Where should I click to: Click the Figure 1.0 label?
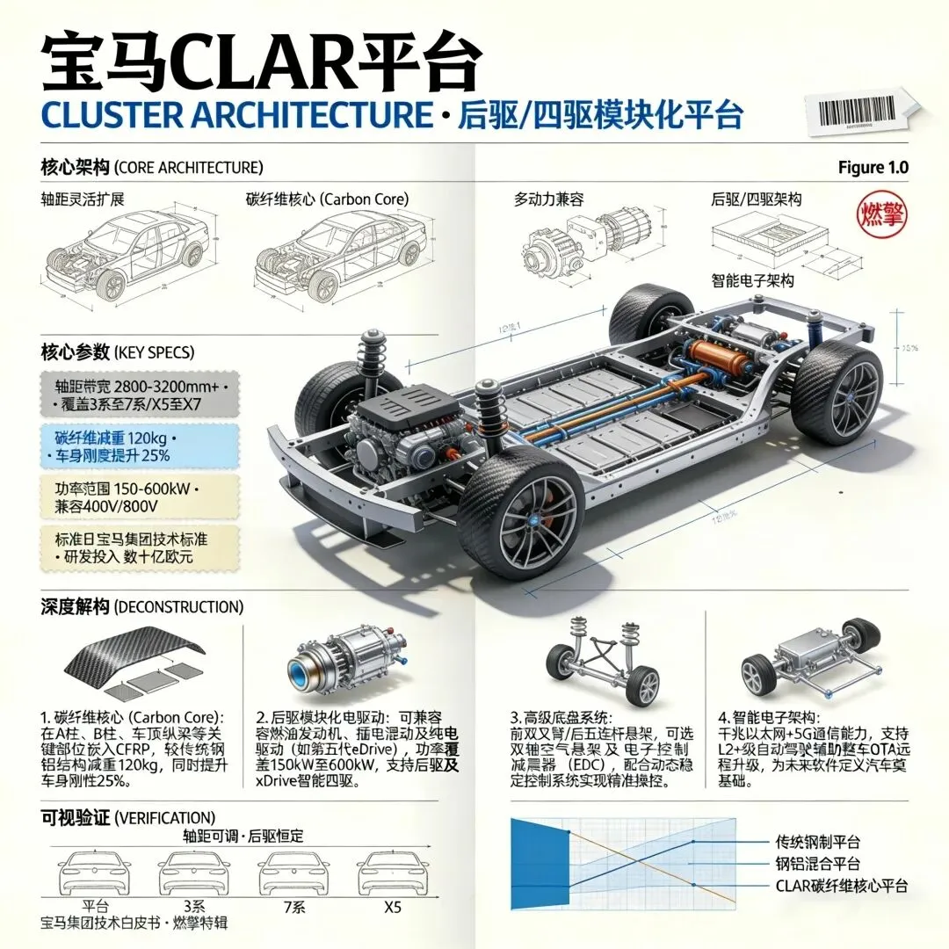coord(873,168)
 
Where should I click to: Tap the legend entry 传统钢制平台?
coord(817,842)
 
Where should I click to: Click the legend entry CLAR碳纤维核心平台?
coord(841,886)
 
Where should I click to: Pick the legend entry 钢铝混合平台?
coord(817,864)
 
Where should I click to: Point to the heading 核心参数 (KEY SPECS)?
coord(118,352)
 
